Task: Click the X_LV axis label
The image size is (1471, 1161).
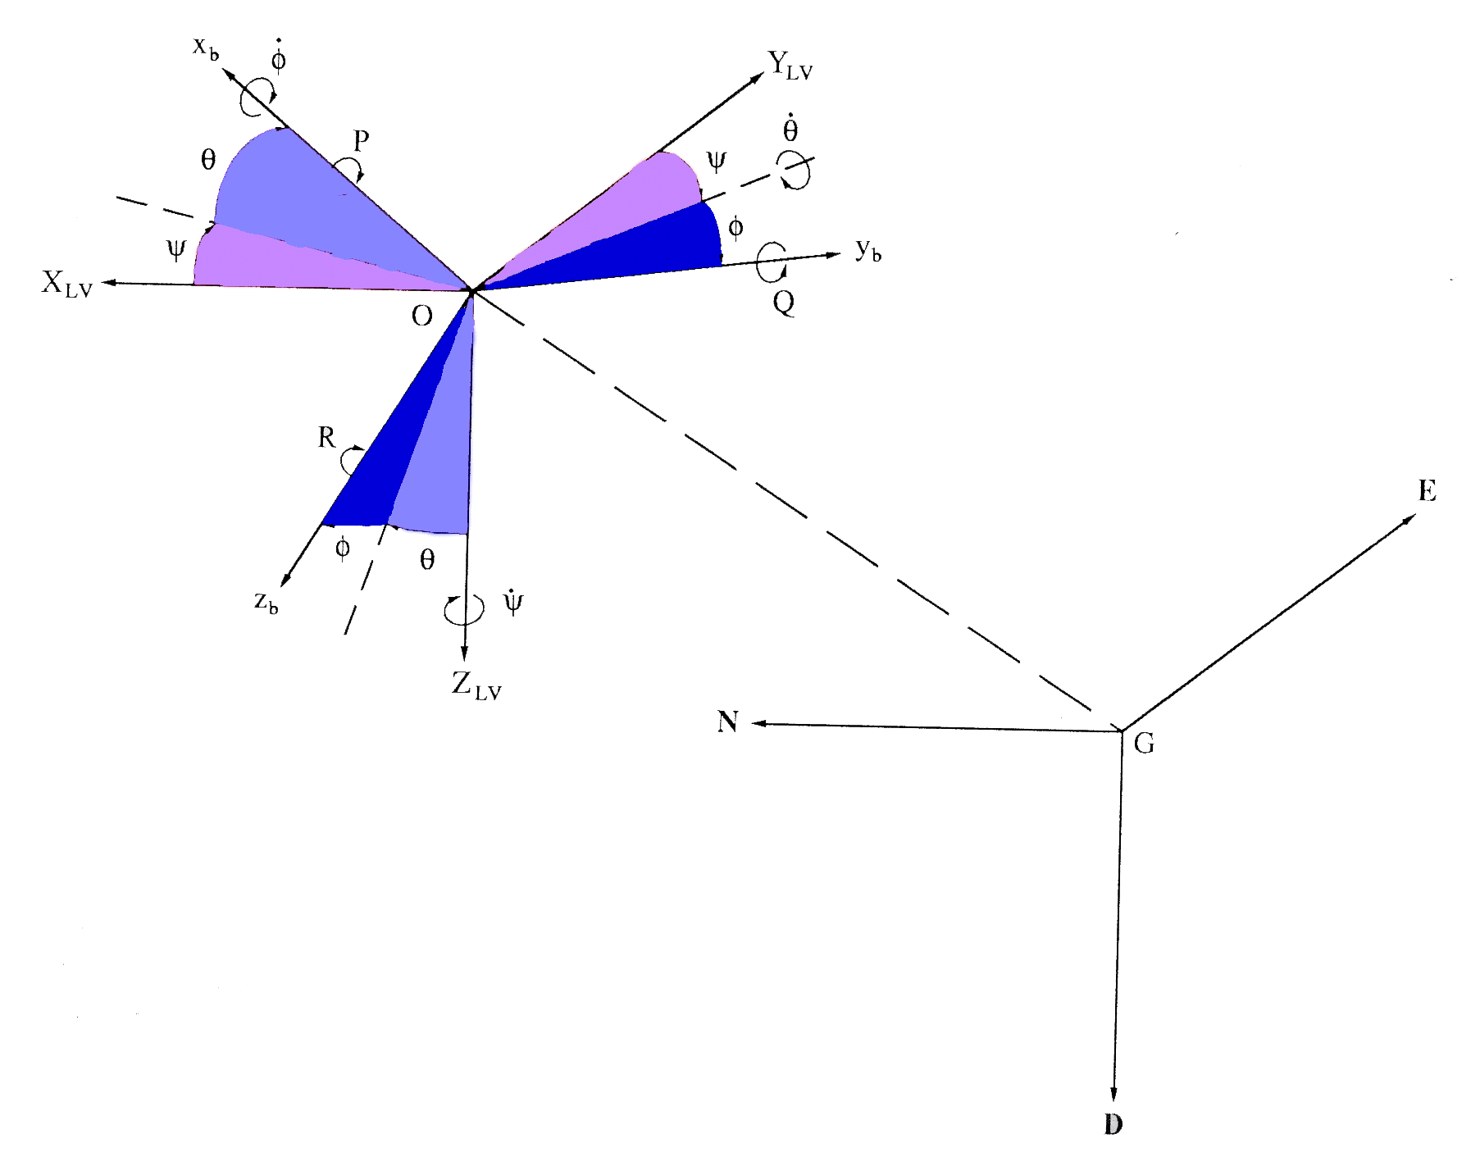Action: tap(67, 284)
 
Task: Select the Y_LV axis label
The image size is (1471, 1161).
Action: tap(790, 65)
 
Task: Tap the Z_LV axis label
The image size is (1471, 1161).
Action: tap(476, 685)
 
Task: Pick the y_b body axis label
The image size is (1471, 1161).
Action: tap(868, 249)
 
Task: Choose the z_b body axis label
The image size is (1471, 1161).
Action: tap(266, 603)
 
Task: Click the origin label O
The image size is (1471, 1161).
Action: tap(421, 316)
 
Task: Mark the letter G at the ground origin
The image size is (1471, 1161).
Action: tap(1144, 744)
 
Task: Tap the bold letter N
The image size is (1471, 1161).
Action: tap(727, 722)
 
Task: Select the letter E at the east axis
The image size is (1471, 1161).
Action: tap(1428, 491)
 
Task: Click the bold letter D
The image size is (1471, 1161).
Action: tap(1113, 1124)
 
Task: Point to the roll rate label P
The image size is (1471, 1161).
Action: tap(361, 141)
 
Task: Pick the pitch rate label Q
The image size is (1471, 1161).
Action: tap(784, 303)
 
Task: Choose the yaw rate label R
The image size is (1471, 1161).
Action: tap(326, 438)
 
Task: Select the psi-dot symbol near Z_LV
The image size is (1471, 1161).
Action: tap(512, 602)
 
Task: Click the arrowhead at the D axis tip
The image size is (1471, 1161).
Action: tap(1113, 1095)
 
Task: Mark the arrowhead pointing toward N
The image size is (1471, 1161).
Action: tap(758, 724)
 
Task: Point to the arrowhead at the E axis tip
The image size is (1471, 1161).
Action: tap(1410, 519)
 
